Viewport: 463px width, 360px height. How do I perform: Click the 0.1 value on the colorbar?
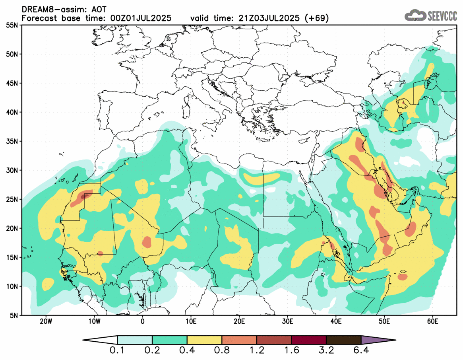click(118, 351)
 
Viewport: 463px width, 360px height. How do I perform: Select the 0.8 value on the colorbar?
click(222, 351)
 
